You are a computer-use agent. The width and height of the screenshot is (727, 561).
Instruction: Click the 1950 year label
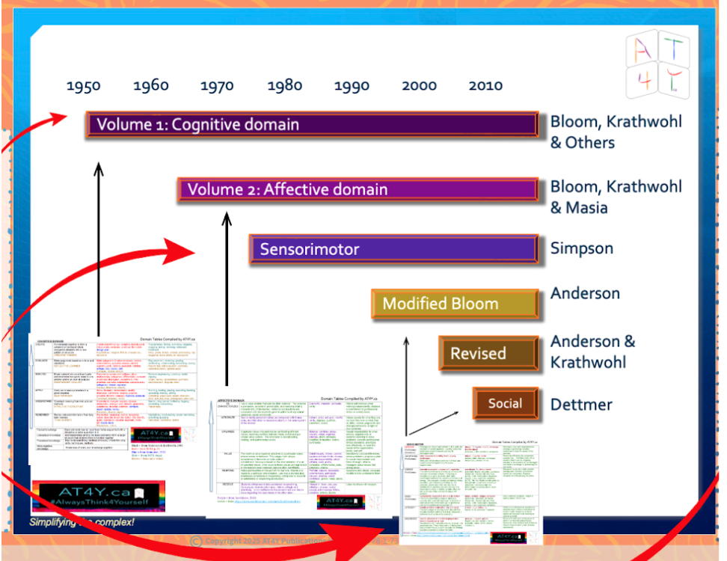coord(83,85)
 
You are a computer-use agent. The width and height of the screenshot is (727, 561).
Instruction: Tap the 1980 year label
coord(284,85)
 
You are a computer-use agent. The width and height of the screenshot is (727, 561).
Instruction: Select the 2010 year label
coord(485,85)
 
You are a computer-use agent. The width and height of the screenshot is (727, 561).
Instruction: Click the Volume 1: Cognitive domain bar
coord(312,125)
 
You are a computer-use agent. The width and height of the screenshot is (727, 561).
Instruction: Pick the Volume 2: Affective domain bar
coord(358,189)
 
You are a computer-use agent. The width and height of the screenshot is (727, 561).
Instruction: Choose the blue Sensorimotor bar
coord(393,249)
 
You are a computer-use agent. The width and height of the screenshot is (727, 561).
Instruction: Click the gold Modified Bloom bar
coord(455,303)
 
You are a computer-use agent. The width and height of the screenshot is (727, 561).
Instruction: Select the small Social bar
coord(505,404)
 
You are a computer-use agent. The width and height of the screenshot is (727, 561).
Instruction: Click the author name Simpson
coord(582,248)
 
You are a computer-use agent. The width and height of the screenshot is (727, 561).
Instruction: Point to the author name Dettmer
coord(582,405)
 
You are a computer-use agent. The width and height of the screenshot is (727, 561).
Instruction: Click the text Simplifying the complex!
coord(82,521)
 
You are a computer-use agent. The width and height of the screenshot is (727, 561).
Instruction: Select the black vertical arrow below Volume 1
coord(98,247)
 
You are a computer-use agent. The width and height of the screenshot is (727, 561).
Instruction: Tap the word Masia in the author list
coord(587,207)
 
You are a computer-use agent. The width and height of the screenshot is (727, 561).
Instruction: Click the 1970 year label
coord(217,85)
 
